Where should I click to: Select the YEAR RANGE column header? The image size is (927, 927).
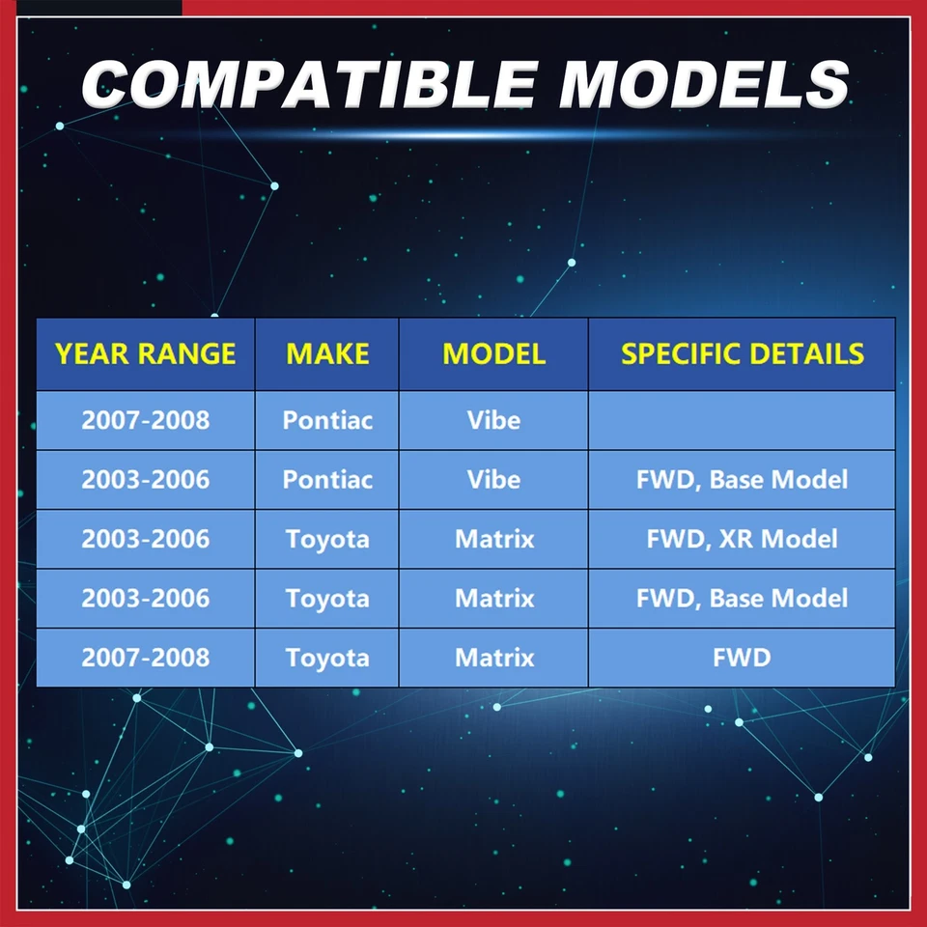tap(146, 354)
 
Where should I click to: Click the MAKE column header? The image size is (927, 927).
tap(327, 354)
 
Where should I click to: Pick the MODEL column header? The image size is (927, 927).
tap(493, 354)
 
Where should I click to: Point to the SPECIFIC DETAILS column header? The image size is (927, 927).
tap(742, 354)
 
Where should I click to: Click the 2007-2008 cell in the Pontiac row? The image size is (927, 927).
tap(146, 420)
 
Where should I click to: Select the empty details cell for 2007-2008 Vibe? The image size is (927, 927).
tap(742, 420)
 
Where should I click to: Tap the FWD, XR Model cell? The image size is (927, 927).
tap(742, 539)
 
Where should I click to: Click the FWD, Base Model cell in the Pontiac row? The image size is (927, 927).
tap(742, 480)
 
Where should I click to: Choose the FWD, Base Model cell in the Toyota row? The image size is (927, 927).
tap(742, 599)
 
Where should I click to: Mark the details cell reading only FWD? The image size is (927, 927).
tap(742, 658)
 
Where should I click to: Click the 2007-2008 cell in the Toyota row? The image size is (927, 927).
tap(146, 658)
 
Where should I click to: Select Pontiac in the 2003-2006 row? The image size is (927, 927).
tap(327, 480)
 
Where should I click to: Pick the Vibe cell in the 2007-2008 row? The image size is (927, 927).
tap(493, 420)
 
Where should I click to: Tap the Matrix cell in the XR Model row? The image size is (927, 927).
tap(493, 539)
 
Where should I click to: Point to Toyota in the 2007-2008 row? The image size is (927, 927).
tap(327, 658)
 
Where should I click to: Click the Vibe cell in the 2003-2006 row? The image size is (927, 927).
tap(493, 480)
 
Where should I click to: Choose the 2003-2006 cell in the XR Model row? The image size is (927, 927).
tap(146, 539)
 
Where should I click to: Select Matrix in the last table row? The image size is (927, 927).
tap(493, 658)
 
